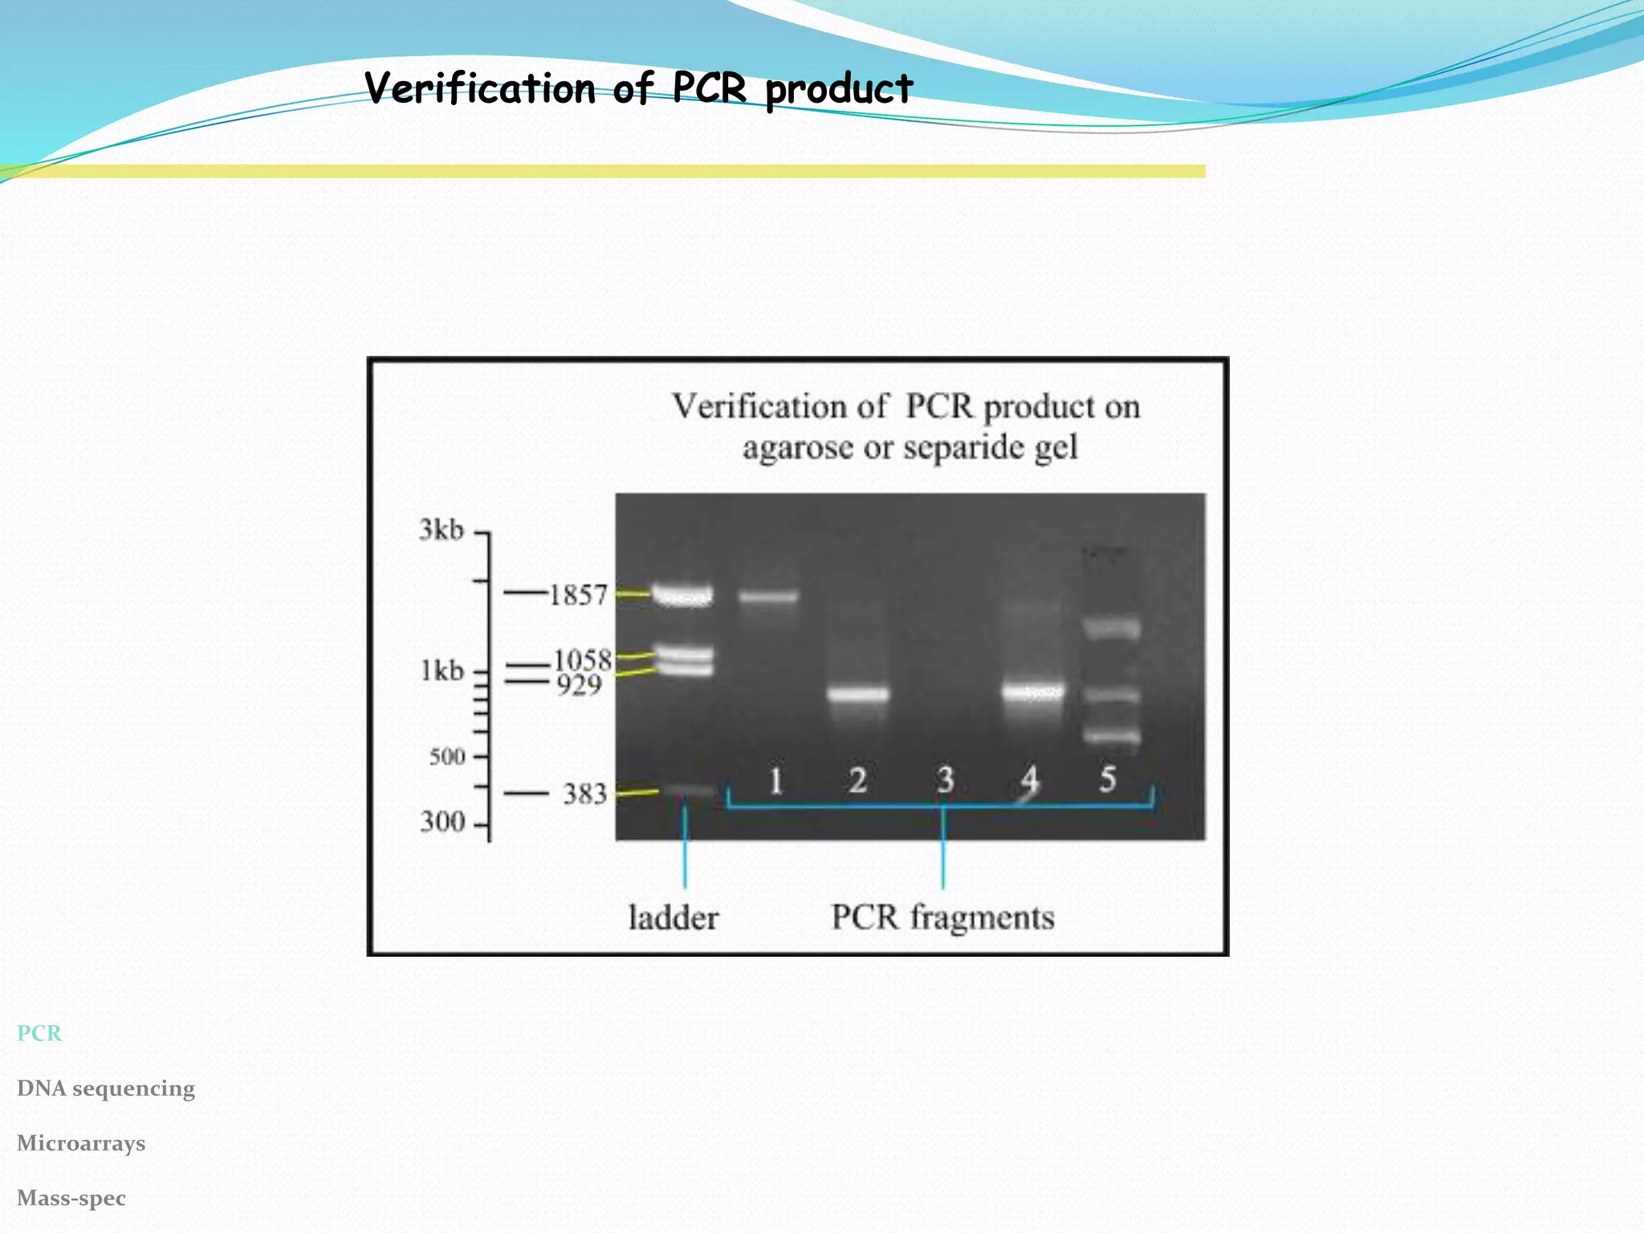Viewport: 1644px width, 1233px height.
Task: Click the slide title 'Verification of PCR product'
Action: pos(638,88)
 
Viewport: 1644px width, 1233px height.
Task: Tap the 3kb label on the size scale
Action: pos(442,530)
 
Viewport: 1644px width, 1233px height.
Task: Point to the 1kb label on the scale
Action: pos(442,670)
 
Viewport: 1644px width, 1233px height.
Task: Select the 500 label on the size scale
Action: pos(447,756)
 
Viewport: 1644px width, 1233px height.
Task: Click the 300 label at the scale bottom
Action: pos(442,822)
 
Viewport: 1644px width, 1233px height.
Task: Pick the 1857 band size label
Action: pos(578,595)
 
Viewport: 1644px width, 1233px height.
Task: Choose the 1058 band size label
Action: pos(583,660)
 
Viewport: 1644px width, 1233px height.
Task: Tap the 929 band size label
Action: pos(580,685)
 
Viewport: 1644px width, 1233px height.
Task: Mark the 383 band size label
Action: pos(584,794)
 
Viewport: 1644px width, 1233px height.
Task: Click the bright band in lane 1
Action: pos(768,596)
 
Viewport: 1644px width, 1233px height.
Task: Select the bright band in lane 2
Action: pos(858,694)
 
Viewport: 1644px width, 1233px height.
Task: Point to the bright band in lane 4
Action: pos(1033,691)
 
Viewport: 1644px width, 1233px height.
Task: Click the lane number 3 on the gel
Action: pos(945,780)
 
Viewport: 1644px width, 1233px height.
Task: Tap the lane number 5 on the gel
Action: pos(1108,779)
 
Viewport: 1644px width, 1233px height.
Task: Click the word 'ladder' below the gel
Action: pos(673,918)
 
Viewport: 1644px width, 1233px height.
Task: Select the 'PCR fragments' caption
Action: pos(942,917)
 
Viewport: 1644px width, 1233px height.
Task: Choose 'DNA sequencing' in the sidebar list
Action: pos(106,1089)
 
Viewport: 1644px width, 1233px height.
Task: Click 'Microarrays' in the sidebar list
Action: pos(81,1143)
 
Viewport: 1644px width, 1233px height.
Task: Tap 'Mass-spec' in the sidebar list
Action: pos(71,1198)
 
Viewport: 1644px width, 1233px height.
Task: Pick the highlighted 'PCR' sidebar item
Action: pos(39,1033)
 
